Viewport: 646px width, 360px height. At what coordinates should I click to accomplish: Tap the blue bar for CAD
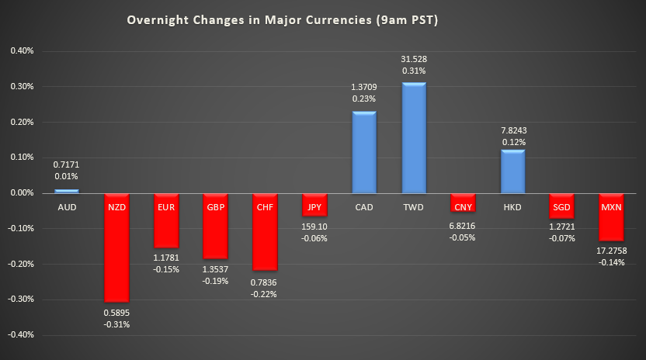[x=364, y=152]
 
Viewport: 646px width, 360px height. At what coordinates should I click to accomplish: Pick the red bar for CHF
[x=265, y=233]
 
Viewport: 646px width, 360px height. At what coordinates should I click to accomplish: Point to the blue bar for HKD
[x=512, y=171]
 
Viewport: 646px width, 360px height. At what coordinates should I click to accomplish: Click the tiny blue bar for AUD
[x=66, y=191]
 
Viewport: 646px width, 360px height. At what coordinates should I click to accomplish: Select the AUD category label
[x=66, y=208]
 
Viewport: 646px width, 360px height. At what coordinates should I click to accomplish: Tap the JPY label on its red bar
[x=314, y=208]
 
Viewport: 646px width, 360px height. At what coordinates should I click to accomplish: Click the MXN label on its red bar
[x=612, y=208]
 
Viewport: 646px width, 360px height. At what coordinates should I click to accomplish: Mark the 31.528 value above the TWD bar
[x=414, y=59]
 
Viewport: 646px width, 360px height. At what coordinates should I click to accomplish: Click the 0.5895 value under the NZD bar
[x=116, y=313]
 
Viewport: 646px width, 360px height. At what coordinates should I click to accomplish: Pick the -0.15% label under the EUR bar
[x=165, y=270]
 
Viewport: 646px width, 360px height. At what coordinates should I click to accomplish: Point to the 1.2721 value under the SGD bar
[x=562, y=227]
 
